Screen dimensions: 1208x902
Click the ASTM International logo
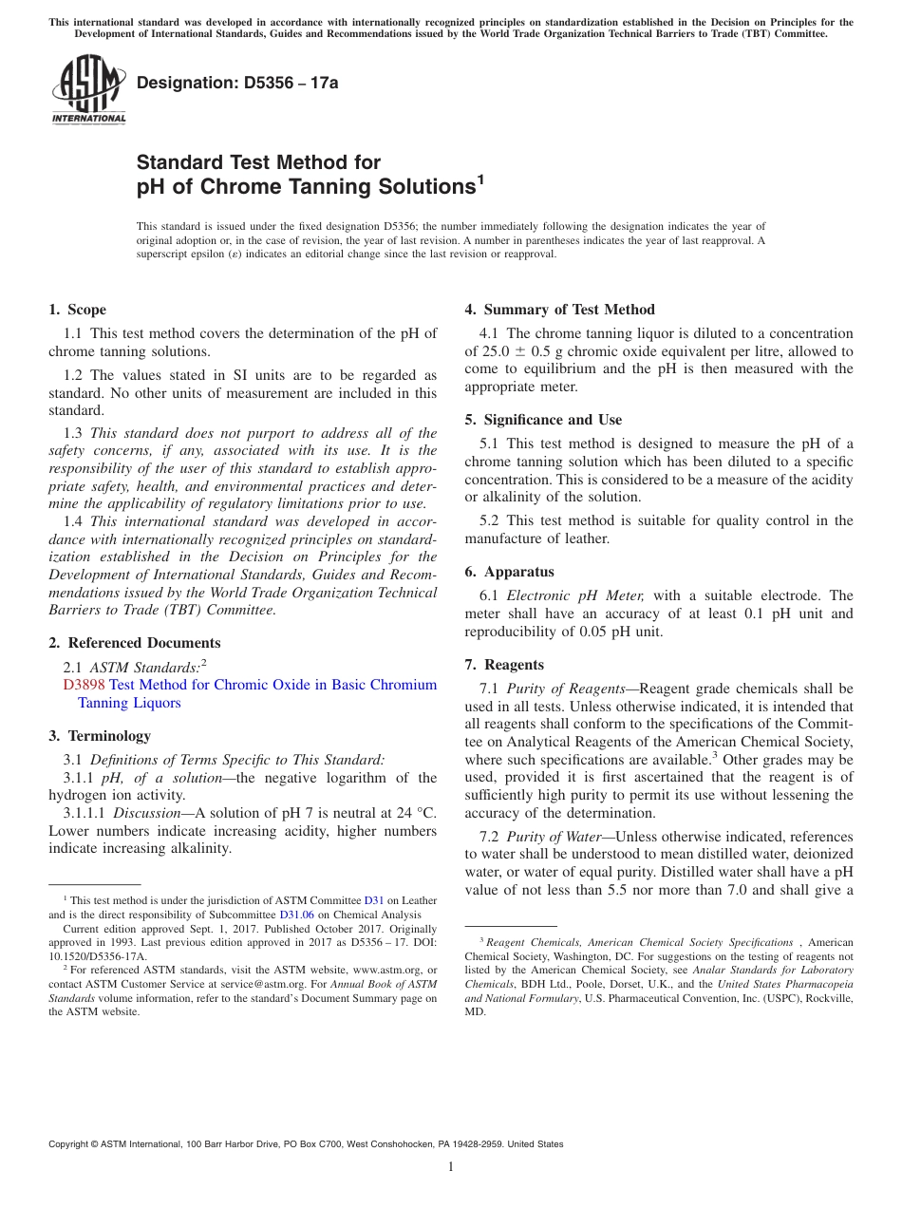[x=88, y=90]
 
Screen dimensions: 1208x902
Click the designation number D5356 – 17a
[x=237, y=83]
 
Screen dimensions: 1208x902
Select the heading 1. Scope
[x=77, y=310]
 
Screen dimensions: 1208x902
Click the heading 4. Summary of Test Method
[x=559, y=310]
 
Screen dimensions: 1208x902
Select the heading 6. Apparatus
[x=509, y=572]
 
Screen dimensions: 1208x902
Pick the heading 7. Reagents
[x=504, y=665]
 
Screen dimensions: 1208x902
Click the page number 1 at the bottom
[x=451, y=1167]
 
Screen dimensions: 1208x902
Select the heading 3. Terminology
[x=100, y=736]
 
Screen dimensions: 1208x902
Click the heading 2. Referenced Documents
[x=134, y=643]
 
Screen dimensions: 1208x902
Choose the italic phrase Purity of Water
[x=553, y=837]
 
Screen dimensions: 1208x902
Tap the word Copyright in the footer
[x=70, y=1144]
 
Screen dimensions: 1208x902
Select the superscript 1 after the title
[x=480, y=178]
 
